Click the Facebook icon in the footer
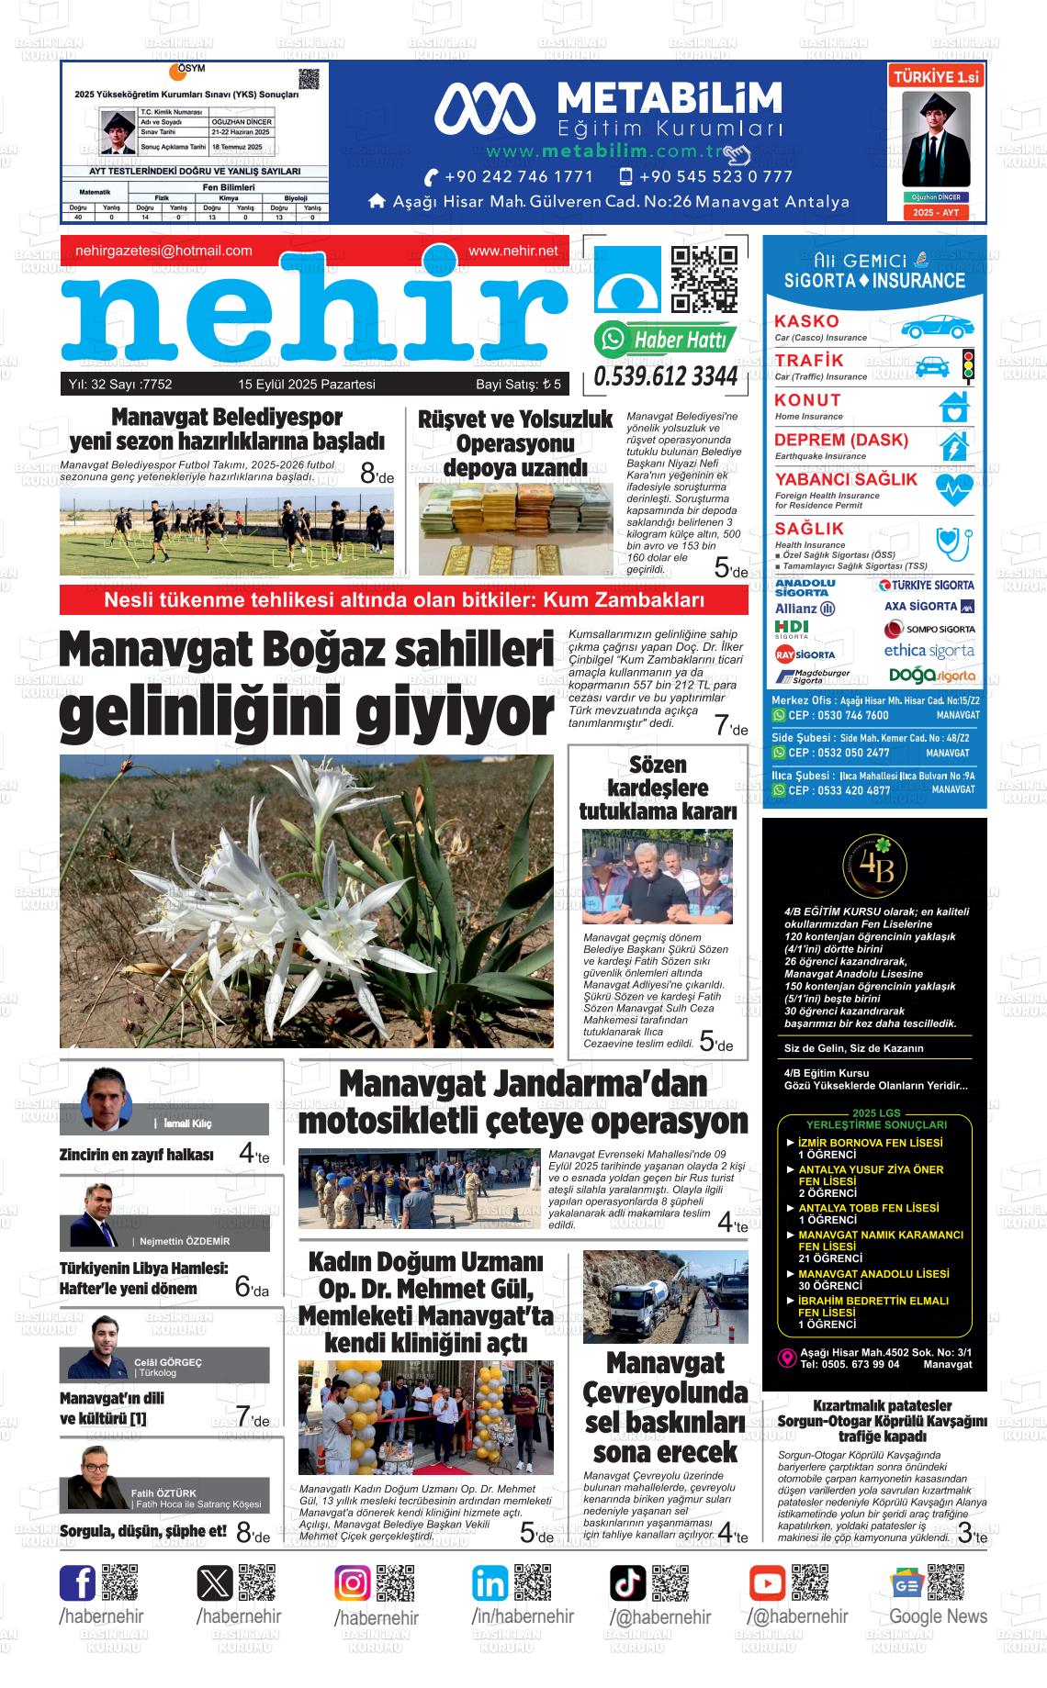coord(78,1583)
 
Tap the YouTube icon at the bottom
coord(767,1583)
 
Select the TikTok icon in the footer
coord(628,1583)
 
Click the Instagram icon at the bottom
coord(353,1583)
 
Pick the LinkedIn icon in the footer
coord(490,1583)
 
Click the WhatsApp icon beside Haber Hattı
coord(610,340)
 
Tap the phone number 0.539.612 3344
coord(666,376)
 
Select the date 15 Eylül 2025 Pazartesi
coord(307,385)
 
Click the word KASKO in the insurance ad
coord(806,321)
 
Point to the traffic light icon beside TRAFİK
coord(967,364)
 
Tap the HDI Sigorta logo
coord(792,629)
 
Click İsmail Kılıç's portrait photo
coord(108,1098)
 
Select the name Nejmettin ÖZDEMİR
coord(185,1241)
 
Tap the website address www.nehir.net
coord(512,251)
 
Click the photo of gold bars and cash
coord(515,529)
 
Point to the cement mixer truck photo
coord(665,1296)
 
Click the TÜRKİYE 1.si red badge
coord(936,78)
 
